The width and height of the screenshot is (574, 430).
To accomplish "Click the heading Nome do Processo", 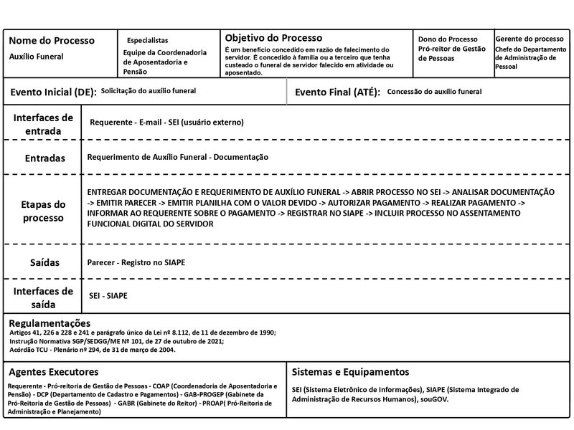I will pyautogui.click(x=52, y=40).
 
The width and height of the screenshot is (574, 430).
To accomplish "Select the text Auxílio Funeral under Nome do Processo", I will pyautogui.click(x=36, y=56).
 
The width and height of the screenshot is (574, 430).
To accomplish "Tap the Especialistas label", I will pyautogui.click(x=147, y=40).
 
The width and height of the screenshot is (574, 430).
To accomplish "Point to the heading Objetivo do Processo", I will pyautogui.click(x=273, y=37).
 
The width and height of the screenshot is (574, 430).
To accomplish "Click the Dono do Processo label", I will pyautogui.click(x=448, y=39).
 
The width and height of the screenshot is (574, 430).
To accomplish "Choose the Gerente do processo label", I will pyautogui.click(x=530, y=39).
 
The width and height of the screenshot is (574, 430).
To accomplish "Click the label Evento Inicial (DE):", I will pyautogui.click(x=52, y=92).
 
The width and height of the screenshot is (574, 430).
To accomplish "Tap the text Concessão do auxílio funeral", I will pyautogui.click(x=434, y=92).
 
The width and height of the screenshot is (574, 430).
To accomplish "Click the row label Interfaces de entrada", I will pyautogui.click(x=43, y=124).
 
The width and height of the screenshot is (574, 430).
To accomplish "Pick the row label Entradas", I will pyautogui.click(x=44, y=158).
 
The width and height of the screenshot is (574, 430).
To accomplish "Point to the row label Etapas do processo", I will pyautogui.click(x=43, y=211).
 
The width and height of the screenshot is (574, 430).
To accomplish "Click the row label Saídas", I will pyautogui.click(x=44, y=263).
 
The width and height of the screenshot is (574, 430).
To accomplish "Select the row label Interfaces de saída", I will pyautogui.click(x=43, y=297).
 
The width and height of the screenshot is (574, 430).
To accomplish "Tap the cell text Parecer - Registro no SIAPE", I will pyautogui.click(x=136, y=263).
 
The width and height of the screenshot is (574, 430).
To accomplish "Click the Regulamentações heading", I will pyautogui.click(x=50, y=323).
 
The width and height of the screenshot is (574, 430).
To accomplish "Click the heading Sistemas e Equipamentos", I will pyautogui.click(x=351, y=372).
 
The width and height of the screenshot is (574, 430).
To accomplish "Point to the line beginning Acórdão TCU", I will pyautogui.click(x=92, y=350).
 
